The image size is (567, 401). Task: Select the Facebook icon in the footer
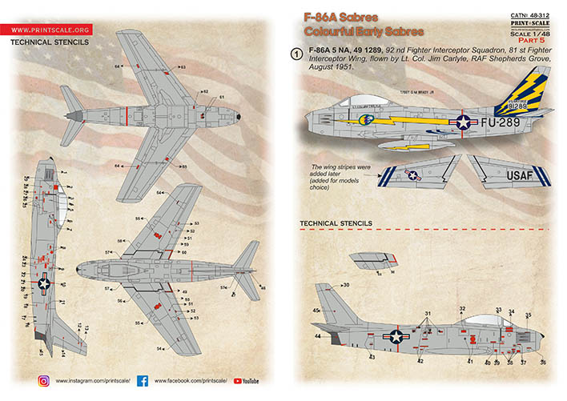point(142,380)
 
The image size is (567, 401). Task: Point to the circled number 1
point(297,54)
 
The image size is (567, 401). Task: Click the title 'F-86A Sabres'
point(336,15)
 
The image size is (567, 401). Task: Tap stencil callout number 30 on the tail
point(346,286)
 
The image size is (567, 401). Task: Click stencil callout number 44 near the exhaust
point(317,336)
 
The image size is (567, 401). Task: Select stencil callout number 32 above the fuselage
point(462,309)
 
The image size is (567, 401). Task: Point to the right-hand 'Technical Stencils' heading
point(335,223)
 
